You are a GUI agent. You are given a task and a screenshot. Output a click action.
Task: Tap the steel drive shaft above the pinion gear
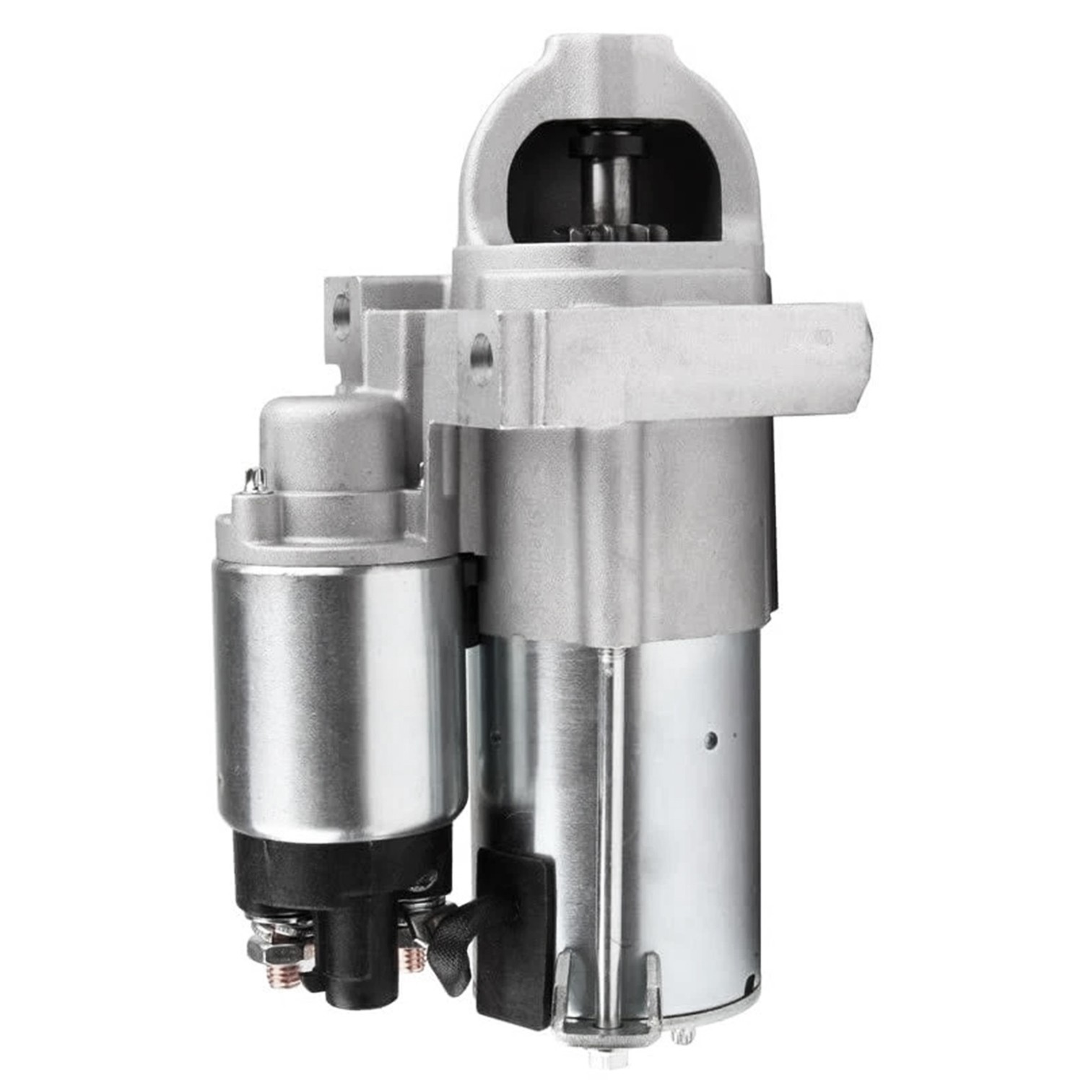coord(606,188)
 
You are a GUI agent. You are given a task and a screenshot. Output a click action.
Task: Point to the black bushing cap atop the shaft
coord(606,145)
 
